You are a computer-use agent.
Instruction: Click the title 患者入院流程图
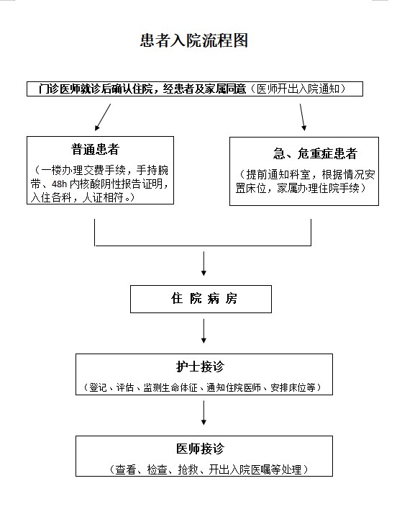[194, 40]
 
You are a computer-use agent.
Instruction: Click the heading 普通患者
[95, 149]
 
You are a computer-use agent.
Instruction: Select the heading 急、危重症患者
[315, 153]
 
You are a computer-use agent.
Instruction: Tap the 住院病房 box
[201, 299]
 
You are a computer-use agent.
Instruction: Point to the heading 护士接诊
[200, 366]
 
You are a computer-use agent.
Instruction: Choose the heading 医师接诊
[200, 449]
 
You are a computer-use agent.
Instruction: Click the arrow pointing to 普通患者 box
[103, 117]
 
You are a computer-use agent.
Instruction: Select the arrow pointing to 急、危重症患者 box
[303, 117]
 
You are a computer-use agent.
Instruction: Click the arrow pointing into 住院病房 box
[204, 264]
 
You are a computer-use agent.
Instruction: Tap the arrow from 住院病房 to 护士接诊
[204, 331]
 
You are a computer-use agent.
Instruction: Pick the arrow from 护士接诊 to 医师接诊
[204, 413]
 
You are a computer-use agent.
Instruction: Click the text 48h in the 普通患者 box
[60, 184]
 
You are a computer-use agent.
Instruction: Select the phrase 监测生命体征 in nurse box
[170, 387]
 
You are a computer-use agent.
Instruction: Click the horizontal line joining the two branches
[203, 246]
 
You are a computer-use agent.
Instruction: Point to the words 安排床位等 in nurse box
[293, 387]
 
